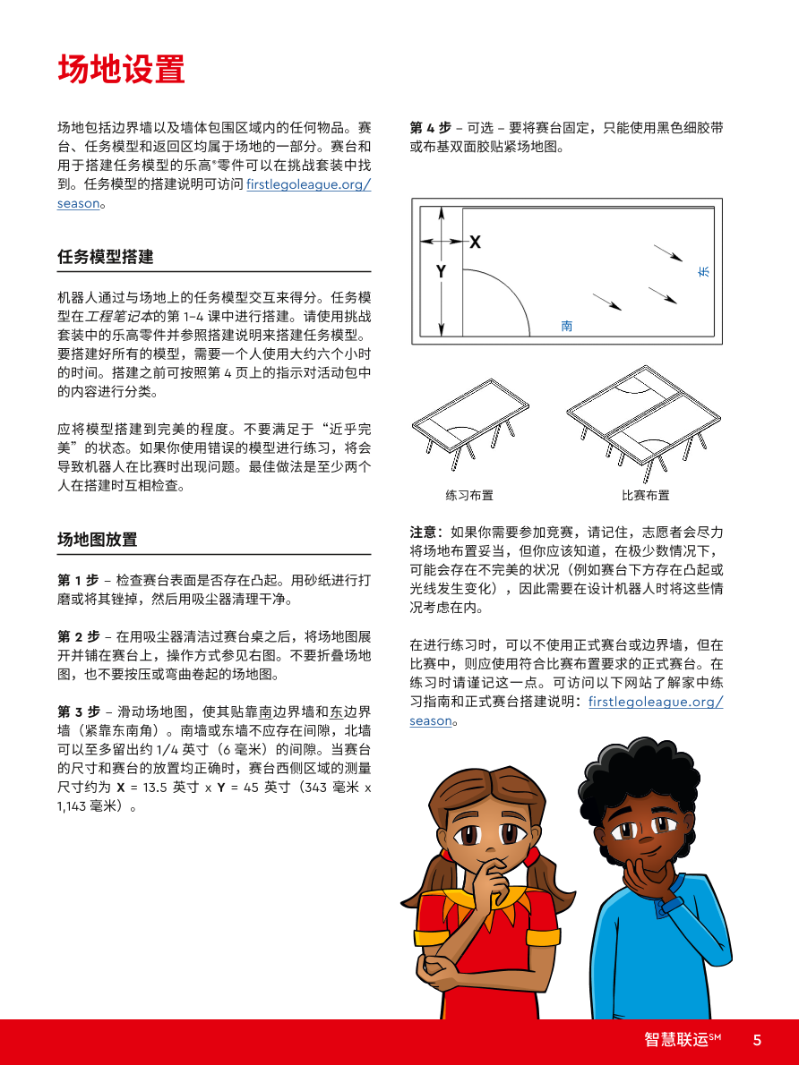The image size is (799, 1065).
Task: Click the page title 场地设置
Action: click(121, 69)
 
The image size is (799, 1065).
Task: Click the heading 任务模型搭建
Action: click(105, 257)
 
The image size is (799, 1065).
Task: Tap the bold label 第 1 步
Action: click(78, 580)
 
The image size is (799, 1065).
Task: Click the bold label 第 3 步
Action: click(78, 712)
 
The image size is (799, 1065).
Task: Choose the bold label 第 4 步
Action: click(430, 127)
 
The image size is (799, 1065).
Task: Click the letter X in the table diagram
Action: click(475, 242)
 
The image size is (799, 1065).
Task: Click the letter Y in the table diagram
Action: click(441, 271)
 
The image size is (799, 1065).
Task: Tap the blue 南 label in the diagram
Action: click(567, 327)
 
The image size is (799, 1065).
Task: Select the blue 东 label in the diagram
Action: click(703, 270)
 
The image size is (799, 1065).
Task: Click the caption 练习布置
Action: click(469, 495)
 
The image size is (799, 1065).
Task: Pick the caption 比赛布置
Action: click(645, 495)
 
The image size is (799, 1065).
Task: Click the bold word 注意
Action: click(425, 532)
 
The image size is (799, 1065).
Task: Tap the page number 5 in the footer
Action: click(757, 1040)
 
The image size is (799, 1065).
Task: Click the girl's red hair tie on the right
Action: click(532, 856)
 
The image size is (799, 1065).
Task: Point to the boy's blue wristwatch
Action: click(669, 905)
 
